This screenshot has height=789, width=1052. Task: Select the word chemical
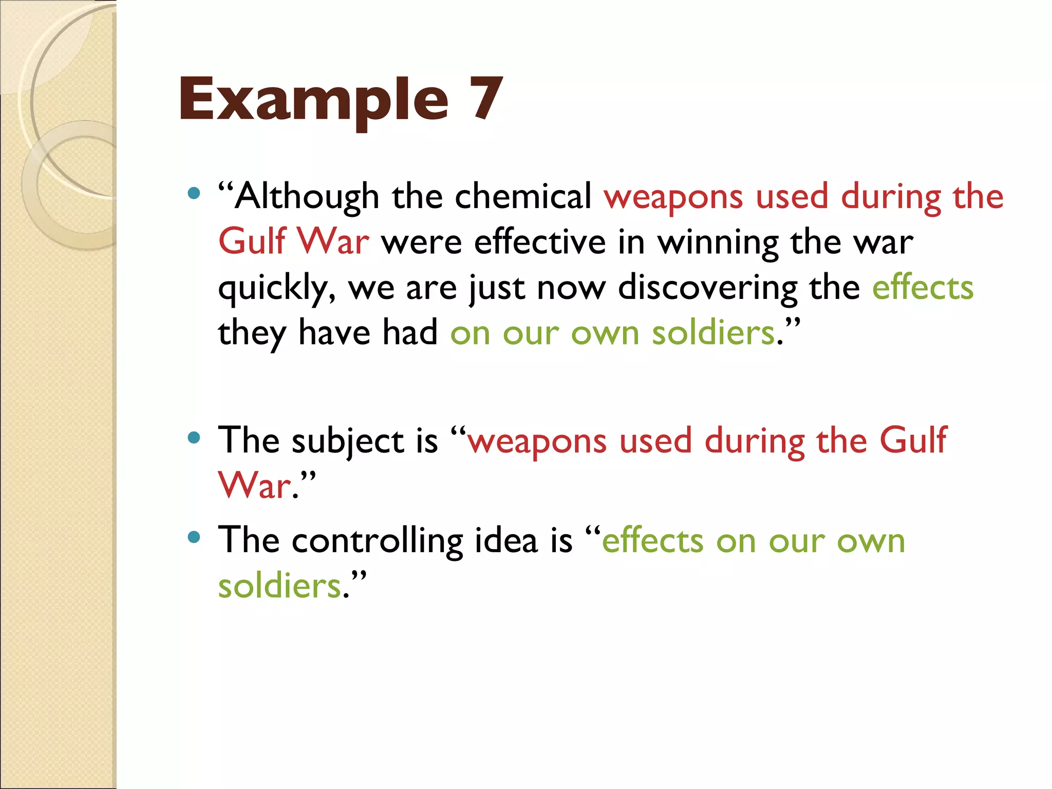click(x=523, y=197)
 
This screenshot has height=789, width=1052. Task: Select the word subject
click(x=348, y=441)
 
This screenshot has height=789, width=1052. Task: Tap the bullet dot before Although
click(x=194, y=194)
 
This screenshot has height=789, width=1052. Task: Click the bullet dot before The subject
click(x=194, y=438)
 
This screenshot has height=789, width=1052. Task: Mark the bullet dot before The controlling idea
click(x=194, y=538)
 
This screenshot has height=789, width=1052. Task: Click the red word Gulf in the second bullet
click(x=913, y=440)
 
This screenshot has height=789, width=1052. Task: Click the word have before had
click(x=334, y=332)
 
